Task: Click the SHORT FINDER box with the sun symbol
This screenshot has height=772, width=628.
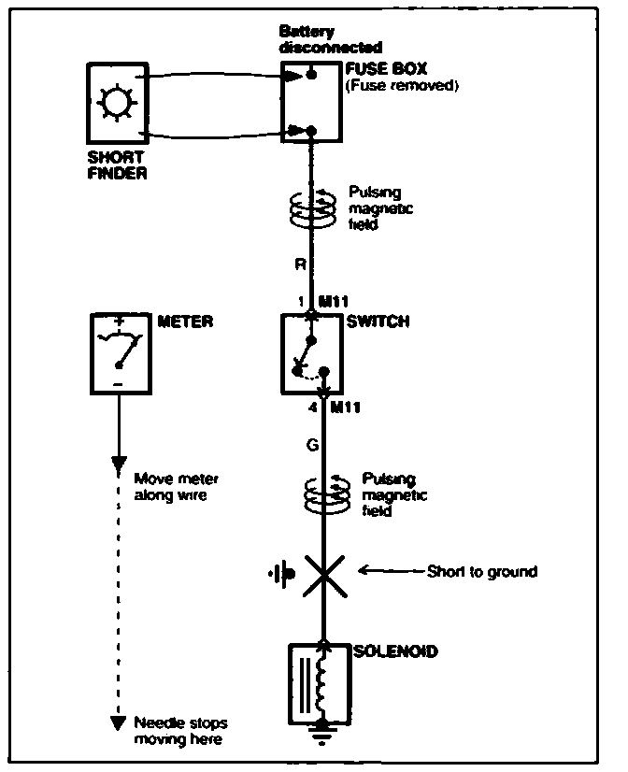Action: point(117,104)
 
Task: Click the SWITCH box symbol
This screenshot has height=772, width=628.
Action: point(312,353)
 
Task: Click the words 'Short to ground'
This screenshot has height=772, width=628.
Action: point(481,571)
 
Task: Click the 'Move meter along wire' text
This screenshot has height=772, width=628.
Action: point(178,486)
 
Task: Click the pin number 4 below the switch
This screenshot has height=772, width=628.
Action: point(312,406)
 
